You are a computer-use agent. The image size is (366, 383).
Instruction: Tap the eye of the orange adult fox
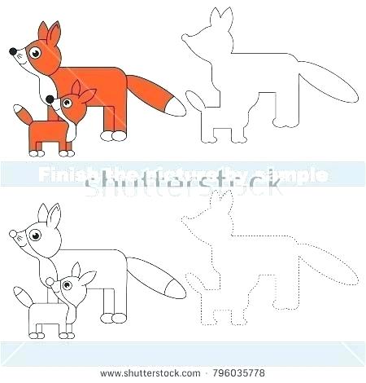point(33,55)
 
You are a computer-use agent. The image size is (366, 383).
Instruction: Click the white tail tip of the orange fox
point(174,105)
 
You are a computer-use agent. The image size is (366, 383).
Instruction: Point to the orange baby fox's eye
point(63,102)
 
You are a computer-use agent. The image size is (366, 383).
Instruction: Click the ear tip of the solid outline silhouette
point(216,12)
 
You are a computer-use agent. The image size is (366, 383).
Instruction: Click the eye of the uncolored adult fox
point(33,236)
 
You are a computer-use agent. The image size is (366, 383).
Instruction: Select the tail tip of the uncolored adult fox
point(174,286)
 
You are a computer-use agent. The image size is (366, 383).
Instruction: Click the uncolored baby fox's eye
point(63,283)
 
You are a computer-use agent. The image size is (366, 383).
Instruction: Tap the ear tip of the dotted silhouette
point(216,196)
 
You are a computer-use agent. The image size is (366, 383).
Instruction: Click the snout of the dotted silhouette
point(190,217)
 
